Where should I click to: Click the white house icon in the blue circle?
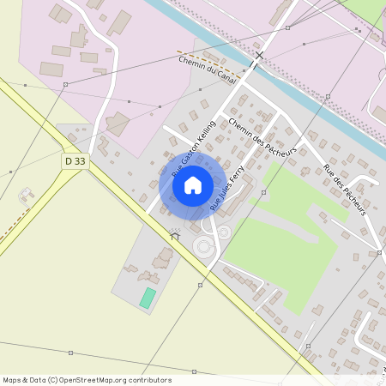pos(193,184)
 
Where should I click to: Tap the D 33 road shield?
pos(75,160)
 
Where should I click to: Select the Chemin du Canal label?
pos(207,69)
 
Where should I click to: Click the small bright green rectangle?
pos(148,299)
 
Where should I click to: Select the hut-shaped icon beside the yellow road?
pos(175,233)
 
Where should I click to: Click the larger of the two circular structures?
pos(204,248)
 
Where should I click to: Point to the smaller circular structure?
pos(224,232)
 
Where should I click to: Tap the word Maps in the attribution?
pos(13,380)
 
